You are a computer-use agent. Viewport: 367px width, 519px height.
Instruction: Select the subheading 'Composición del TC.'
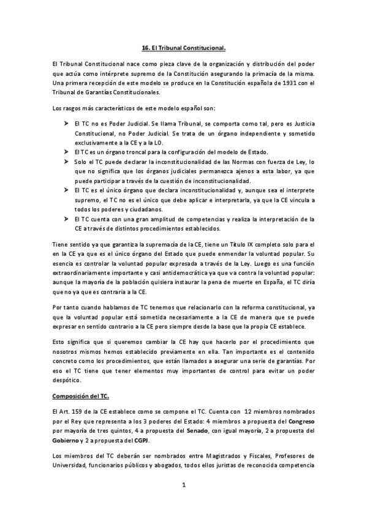(x=78, y=395)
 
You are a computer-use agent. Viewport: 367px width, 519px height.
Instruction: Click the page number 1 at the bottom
(x=183, y=485)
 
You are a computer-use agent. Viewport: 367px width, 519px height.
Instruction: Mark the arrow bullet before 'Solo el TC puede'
(x=66, y=161)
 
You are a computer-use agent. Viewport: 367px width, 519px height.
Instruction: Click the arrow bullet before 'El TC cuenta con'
(x=66, y=219)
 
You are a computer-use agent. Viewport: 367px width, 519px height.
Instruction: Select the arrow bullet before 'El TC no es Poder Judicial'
(x=66, y=123)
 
